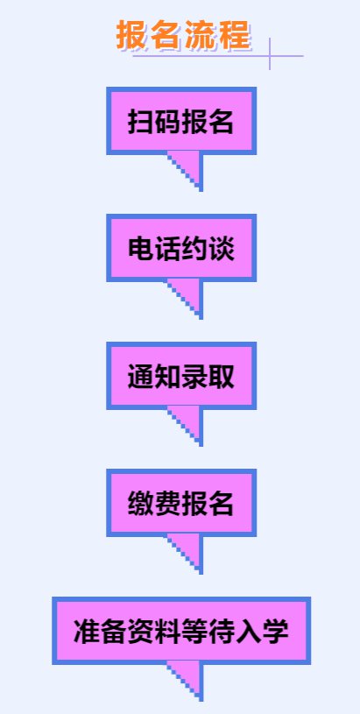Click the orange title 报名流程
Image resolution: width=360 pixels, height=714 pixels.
pos(183,35)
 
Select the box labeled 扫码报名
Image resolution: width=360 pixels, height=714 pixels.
pos(181,121)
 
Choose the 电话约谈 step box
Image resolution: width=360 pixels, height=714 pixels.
pos(181,248)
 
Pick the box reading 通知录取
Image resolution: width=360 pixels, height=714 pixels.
pos(181,376)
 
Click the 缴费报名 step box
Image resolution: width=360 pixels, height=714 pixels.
pos(181,503)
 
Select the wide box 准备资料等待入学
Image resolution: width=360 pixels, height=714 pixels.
pos(181,631)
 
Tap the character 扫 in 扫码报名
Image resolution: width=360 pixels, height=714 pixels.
pos(140,121)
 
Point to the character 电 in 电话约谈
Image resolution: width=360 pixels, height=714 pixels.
pos(141,249)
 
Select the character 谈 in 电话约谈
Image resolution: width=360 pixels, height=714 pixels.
pos(222,249)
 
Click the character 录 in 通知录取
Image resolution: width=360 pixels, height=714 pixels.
pos(194,376)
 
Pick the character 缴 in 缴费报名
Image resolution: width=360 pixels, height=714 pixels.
pos(140,503)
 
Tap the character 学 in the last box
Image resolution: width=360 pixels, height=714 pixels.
pos(275,631)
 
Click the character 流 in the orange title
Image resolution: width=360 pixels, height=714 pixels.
pos(201,35)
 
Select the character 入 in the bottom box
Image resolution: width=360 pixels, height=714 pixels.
pos(249,631)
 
